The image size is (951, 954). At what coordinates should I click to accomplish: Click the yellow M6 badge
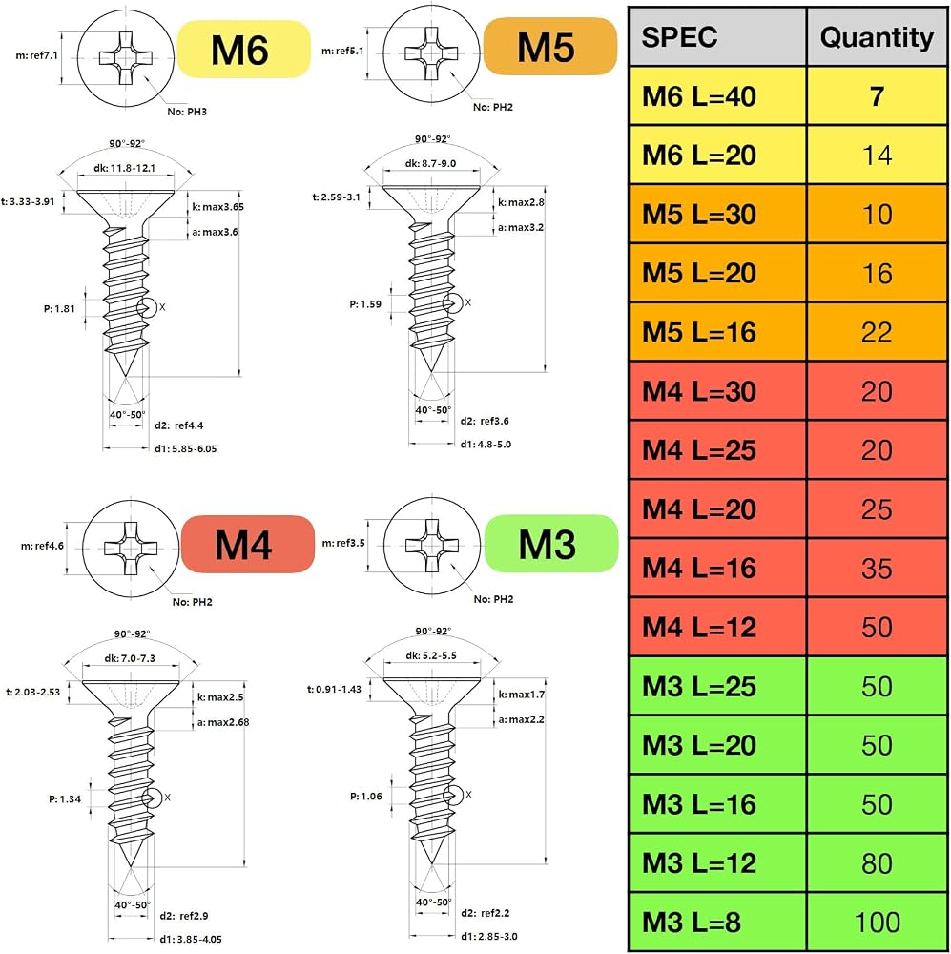click(x=243, y=50)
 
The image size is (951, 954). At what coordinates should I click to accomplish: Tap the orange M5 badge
click(x=550, y=46)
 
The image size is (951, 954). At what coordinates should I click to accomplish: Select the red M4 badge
click(x=248, y=545)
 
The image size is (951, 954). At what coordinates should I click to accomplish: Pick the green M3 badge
click(x=551, y=544)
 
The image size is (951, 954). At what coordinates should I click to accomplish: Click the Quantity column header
click(x=877, y=37)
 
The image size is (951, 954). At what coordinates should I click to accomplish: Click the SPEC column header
click(x=717, y=37)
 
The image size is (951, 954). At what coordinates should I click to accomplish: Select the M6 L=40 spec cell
click(x=717, y=96)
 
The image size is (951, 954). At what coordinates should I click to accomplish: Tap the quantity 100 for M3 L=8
click(x=877, y=922)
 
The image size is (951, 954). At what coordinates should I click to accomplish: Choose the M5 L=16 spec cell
click(x=717, y=332)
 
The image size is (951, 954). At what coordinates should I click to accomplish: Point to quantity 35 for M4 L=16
click(x=877, y=569)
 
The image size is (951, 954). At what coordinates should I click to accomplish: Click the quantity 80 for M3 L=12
click(x=877, y=862)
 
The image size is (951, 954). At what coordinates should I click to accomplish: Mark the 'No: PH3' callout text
click(x=187, y=112)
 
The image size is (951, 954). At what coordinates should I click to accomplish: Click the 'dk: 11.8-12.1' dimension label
click(x=125, y=168)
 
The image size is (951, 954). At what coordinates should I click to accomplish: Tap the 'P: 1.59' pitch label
click(x=365, y=303)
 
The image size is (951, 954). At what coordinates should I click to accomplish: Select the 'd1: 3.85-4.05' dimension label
click(x=191, y=940)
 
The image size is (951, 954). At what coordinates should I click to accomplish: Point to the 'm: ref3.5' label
click(x=343, y=543)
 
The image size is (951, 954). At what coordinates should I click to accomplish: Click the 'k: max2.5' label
click(x=220, y=697)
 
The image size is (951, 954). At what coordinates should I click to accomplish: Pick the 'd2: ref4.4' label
click(x=179, y=425)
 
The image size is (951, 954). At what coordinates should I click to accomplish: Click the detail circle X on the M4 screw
click(x=152, y=798)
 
